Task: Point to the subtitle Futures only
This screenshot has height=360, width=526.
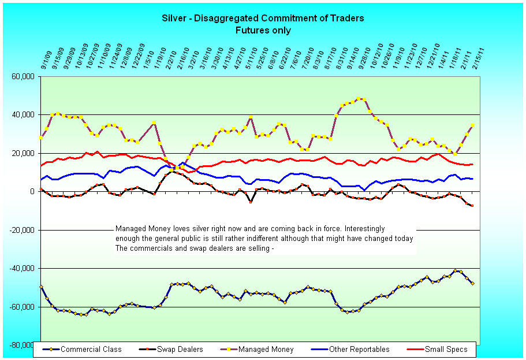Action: click(x=263, y=30)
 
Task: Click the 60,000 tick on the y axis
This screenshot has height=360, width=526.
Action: click(x=26, y=76)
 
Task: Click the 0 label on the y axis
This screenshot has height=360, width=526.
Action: click(x=35, y=191)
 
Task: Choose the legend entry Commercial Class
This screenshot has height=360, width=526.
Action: click(x=87, y=350)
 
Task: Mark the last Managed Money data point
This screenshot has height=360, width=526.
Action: click(x=472, y=125)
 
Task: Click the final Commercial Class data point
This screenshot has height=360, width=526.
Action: click(x=472, y=283)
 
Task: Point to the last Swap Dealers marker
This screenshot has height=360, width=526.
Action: click(x=472, y=206)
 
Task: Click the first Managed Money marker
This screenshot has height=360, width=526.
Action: click(x=41, y=138)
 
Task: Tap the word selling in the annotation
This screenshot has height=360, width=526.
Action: click(x=255, y=248)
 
